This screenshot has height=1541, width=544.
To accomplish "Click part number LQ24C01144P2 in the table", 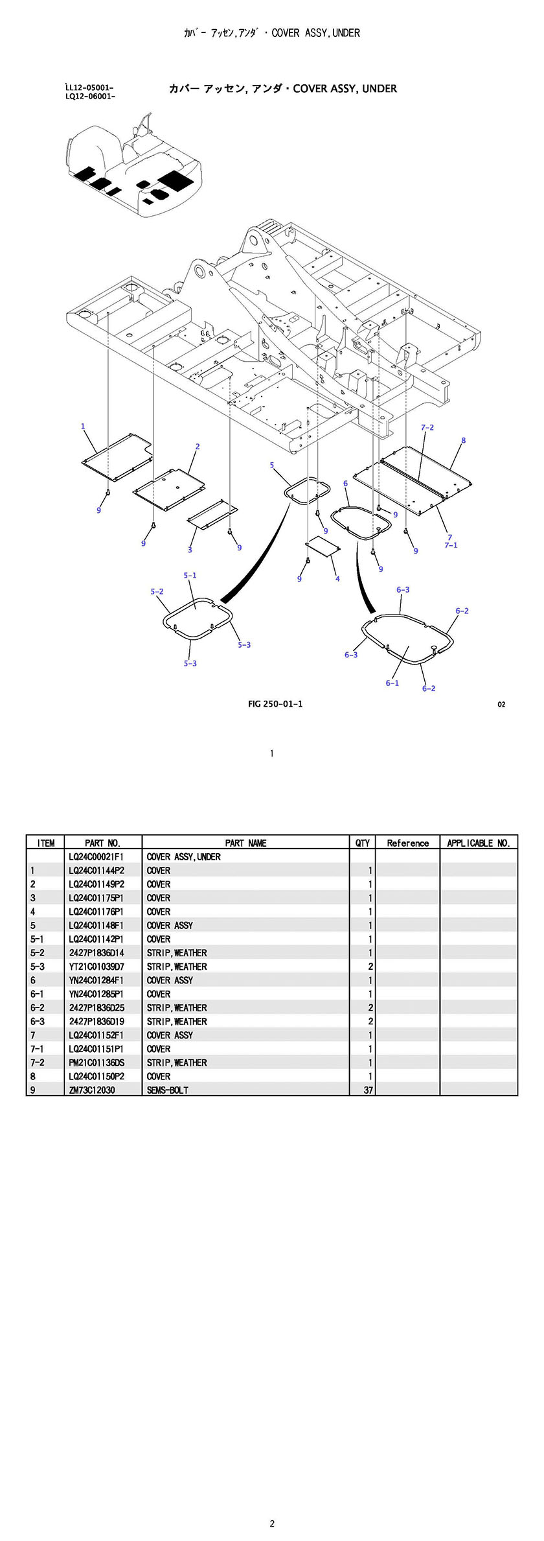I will coord(96,871).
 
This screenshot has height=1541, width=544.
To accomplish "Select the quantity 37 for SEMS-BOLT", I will coord(368,1090).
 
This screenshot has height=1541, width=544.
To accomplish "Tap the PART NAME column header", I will coord(245,843).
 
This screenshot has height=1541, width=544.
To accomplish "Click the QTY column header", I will coord(363,843).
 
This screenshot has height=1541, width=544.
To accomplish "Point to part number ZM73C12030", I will coord(92,1090).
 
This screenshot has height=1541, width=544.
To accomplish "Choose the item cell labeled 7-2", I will coord(37,1063).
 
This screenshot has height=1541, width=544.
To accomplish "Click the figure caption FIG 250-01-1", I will coord(275,704).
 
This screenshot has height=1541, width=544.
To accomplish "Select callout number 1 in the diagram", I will coord(83,426).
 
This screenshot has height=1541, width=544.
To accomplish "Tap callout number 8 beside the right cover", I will coord(463,440).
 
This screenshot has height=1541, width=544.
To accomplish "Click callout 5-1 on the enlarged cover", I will coord(190,575).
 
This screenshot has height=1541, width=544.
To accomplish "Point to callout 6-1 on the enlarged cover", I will coord(392,683).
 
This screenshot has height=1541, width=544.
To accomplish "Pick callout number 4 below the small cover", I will coord(337,578).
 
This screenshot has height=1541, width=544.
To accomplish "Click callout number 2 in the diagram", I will coord(198,446).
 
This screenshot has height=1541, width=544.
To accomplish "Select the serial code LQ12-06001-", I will coord(90,97).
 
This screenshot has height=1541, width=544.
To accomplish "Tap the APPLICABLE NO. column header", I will coord(479,843).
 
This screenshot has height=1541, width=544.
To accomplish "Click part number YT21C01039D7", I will coord(96,967).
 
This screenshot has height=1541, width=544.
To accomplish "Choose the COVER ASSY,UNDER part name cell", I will coord(183,857).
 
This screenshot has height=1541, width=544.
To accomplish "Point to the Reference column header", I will coord(407,843).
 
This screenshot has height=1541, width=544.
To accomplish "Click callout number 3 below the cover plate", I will coord(190,550).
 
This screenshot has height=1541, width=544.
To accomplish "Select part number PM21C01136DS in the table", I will coord(96,1063).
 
